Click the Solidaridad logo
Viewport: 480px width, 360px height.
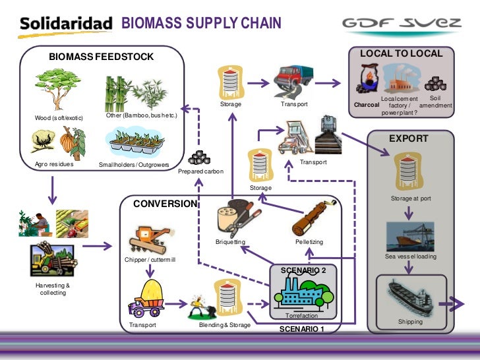(x=66, y=24)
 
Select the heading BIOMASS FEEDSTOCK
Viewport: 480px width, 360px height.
(x=101, y=57)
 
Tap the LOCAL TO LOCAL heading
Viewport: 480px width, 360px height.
(x=401, y=53)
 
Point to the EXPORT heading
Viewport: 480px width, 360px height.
(x=409, y=139)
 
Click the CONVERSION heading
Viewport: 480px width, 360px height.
(x=165, y=204)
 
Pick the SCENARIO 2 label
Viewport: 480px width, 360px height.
(x=303, y=270)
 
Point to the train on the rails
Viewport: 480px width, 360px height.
(x=329, y=135)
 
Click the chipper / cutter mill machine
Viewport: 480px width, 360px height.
(x=148, y=239)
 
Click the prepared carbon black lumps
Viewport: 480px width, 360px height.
(x=198, y=158)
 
